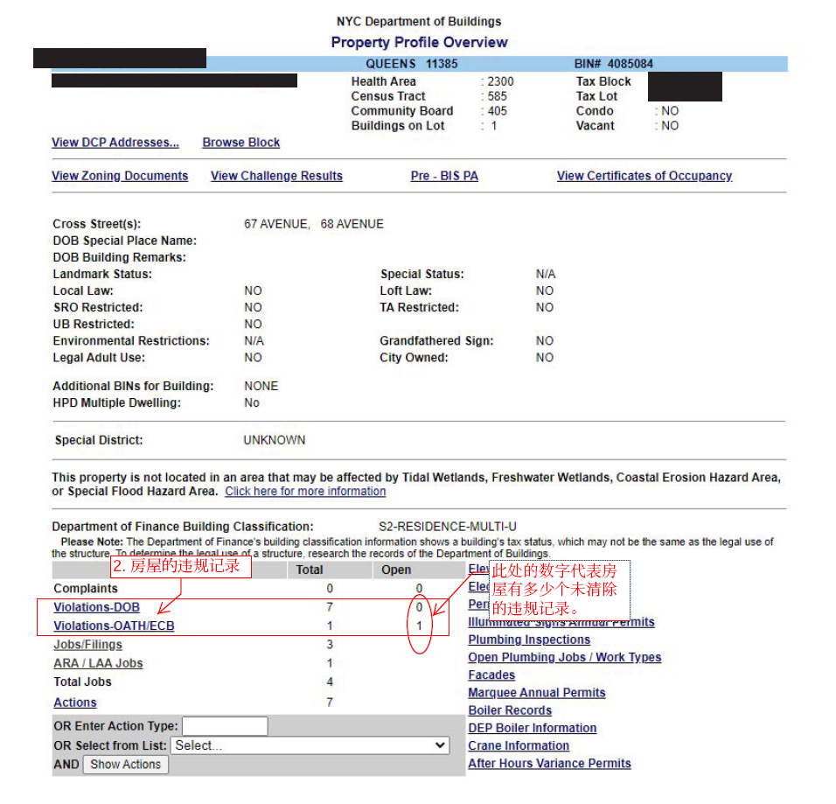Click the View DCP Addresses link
point(115,143)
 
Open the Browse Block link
point(241,143)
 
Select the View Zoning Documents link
point(120,176)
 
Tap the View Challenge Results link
point(276,176)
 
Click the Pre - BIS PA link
point(444,176)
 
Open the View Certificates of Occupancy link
point(644,176)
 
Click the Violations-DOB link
point(96,607)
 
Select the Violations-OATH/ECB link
point(114,626)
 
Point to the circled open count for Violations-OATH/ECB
point(419,626)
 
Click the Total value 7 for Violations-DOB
point(330,607)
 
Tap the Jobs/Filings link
point(87,645)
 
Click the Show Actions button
point(125,764)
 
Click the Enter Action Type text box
point(225,726)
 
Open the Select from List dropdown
point(310,745)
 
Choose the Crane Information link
point(519,745)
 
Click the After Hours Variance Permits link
point(549,764)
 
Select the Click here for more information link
point(305,492)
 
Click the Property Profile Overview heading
point(419,42)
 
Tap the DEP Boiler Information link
point(532,728)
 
